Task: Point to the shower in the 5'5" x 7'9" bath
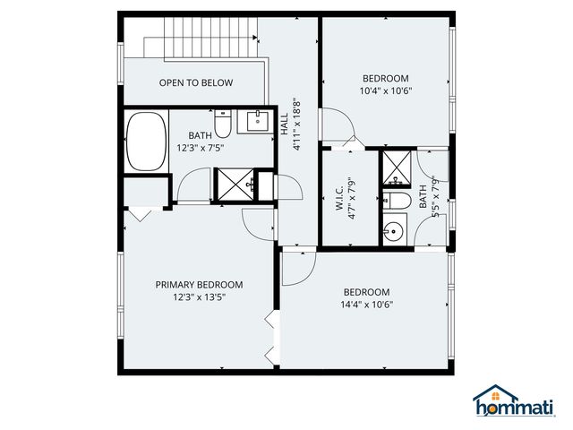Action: point(395,167)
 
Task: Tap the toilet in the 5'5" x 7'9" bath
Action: point(397,200)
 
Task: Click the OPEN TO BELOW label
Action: point(195,83)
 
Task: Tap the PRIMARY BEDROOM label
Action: point(199,285)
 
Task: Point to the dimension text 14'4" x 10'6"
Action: point(367,305)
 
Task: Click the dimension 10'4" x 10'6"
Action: point(385,90)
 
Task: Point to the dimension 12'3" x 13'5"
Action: point(199,297)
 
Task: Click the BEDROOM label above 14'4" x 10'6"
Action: point(367,292)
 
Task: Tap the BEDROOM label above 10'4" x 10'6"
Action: point(385,78)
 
